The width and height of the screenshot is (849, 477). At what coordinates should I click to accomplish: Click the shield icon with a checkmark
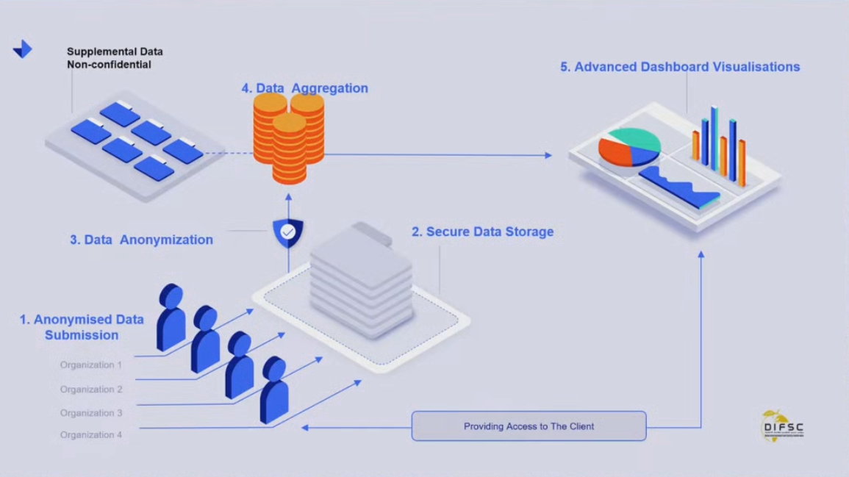(x=288, y=233)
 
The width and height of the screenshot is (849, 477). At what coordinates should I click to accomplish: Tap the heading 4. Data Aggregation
(x=305, y=88)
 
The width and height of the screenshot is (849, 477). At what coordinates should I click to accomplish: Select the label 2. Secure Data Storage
(x=482, y=232)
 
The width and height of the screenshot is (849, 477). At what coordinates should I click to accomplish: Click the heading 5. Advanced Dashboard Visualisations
(x=680, y=67)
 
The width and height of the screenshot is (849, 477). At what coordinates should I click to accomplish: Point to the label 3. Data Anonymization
(x=141, y=240)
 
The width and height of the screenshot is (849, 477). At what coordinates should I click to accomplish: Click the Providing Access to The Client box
(x=529, y=426)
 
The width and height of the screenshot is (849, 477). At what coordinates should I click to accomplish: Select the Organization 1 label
(x=91, y=365)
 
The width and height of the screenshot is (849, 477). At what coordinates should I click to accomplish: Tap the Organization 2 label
(x=91, y=390)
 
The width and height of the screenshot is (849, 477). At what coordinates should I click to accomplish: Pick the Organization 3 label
(x=91, y=413)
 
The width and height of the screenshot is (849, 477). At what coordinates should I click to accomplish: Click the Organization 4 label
(x=91, y=435)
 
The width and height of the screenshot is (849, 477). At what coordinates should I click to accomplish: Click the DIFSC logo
(x=782, y=426)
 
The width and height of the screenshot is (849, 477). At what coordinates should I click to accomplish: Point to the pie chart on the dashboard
(x=628, y=147)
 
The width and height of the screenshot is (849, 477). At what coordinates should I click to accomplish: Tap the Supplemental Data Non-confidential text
(x=115, y=58)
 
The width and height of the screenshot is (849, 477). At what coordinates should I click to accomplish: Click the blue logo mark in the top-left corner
(x=23, y=49)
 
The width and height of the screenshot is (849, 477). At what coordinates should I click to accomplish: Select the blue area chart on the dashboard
(x=680, y=188)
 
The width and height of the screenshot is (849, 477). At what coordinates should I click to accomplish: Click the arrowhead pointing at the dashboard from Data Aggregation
(x=548, y=155)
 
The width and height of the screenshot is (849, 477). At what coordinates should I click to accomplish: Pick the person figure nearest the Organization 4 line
(x=274, y=390)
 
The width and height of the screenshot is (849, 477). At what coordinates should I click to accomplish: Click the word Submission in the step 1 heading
(x=82, y=335)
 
